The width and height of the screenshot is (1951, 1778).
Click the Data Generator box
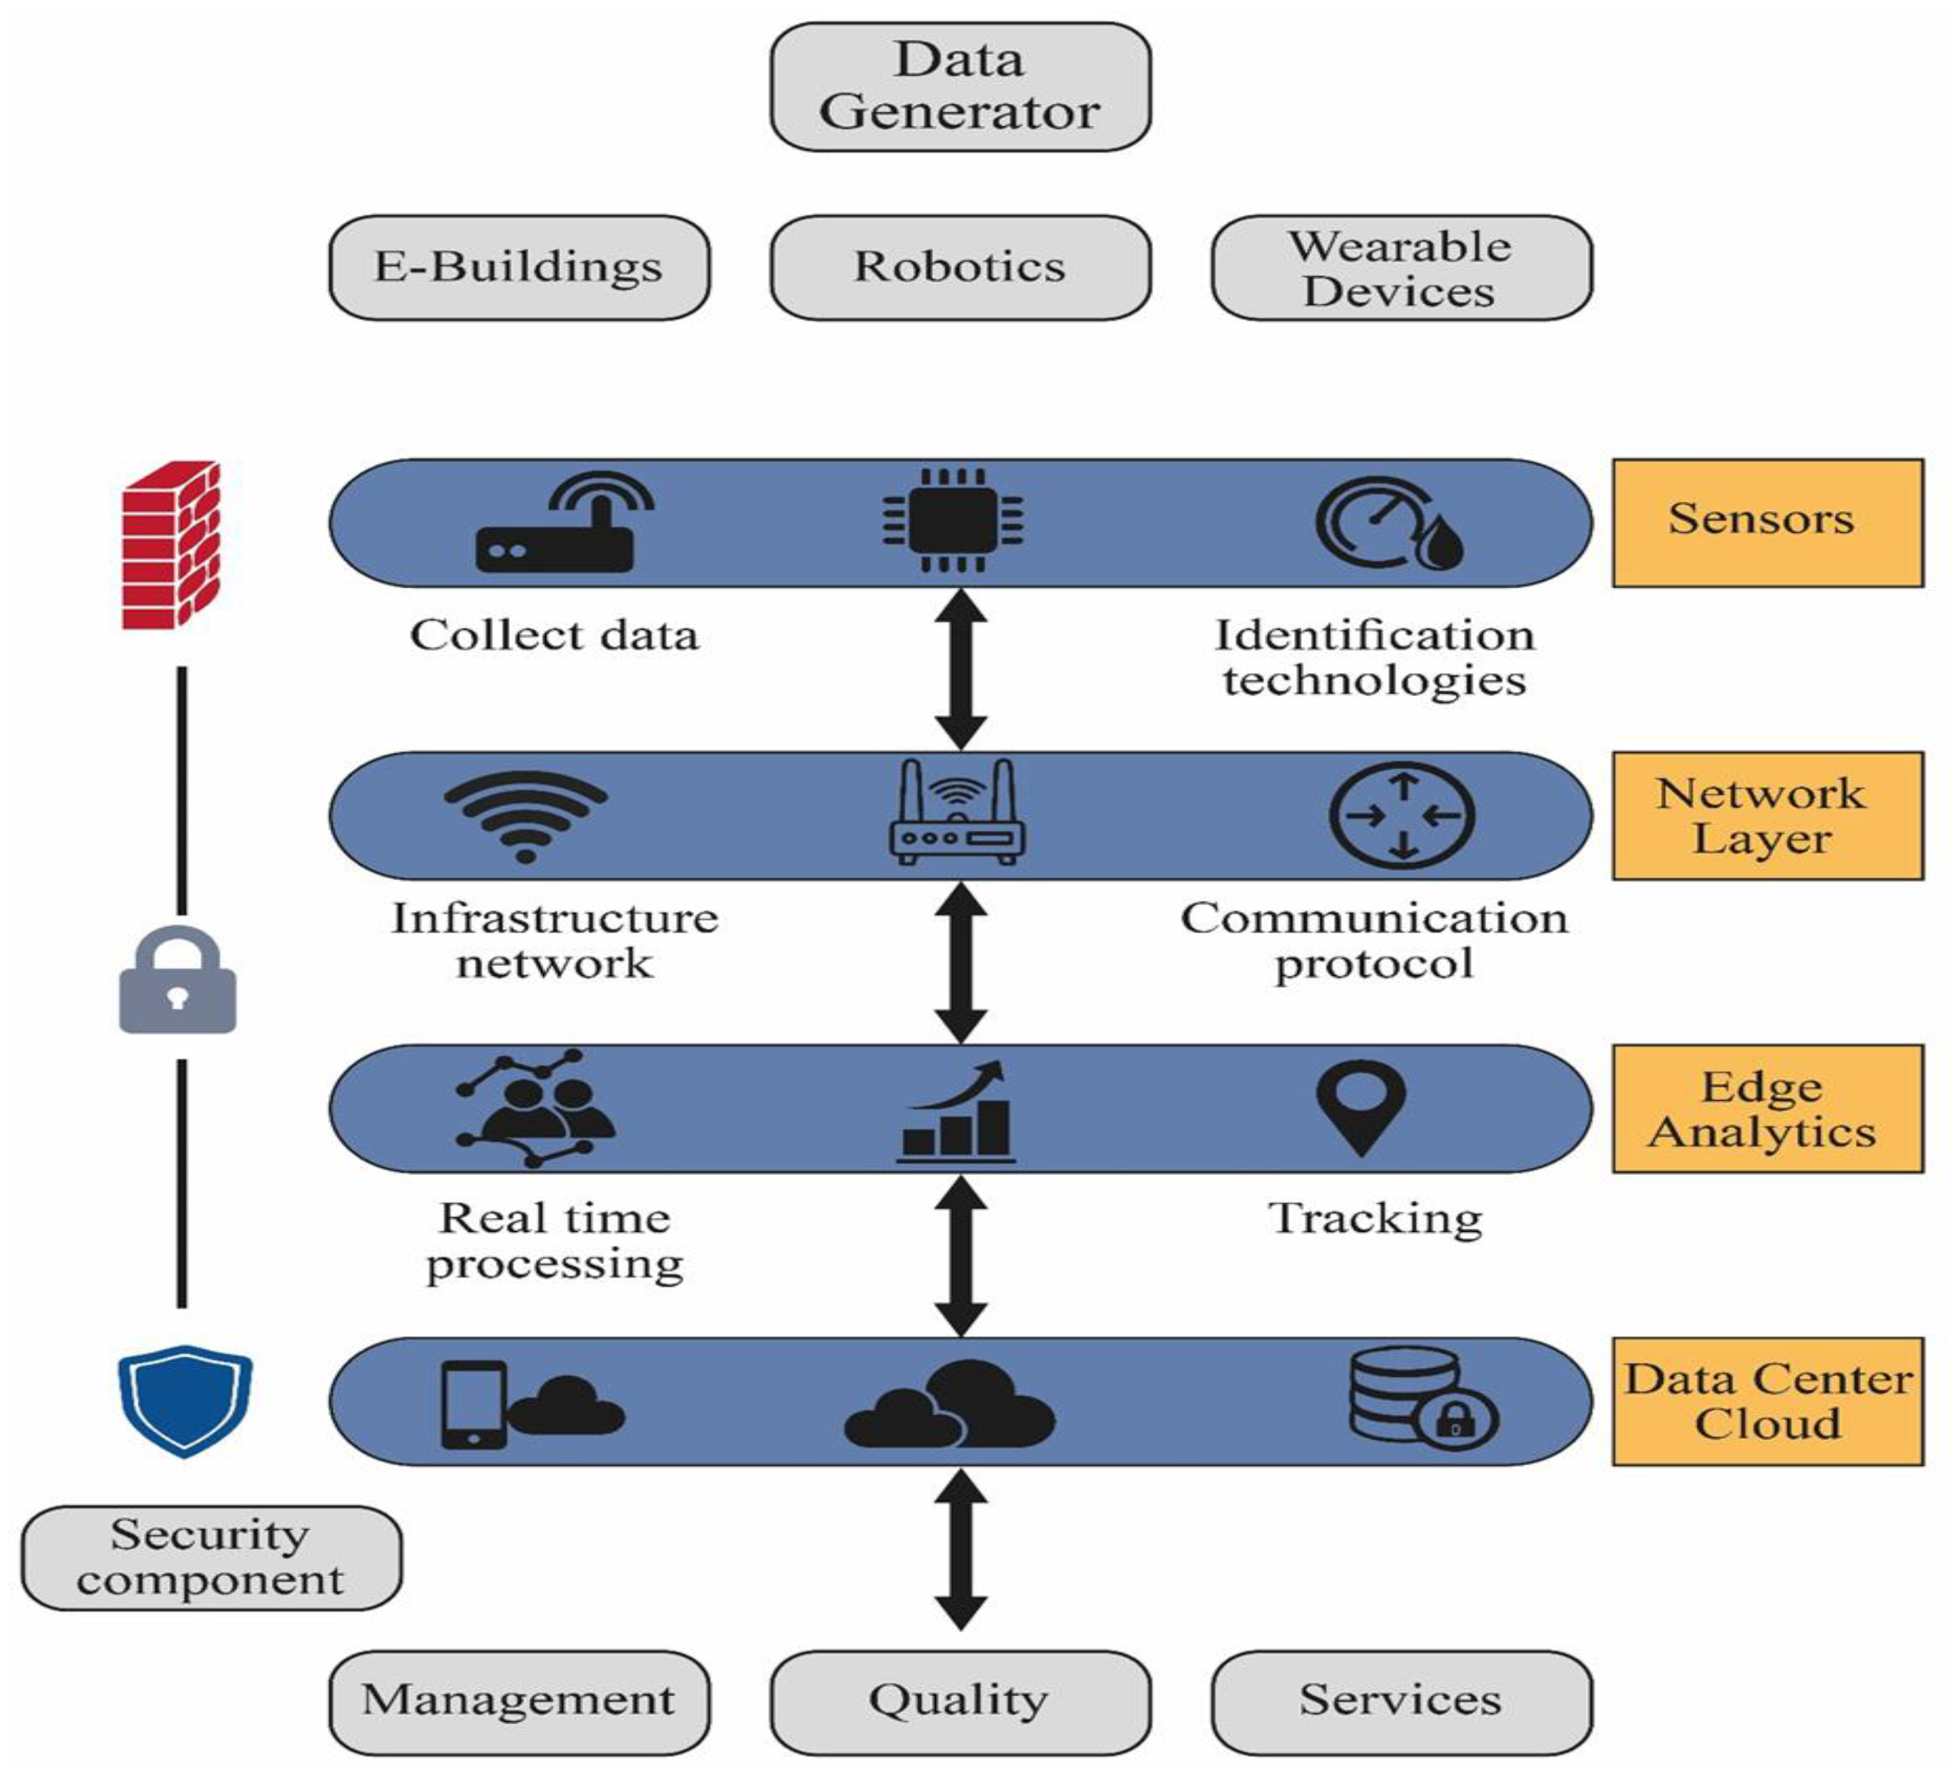tap(960, 87)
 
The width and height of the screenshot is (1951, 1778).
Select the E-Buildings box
tap(519, 267)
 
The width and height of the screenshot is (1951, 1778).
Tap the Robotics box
tap(960, 267)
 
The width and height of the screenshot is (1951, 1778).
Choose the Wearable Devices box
tap(1401, 267)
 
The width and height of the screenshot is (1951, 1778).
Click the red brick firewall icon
tap(171, 545)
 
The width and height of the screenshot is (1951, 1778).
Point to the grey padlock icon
tap(177, 980)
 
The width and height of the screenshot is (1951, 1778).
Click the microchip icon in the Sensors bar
tap(953, 521)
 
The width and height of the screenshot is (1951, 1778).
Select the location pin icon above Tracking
tap(1361, 1106)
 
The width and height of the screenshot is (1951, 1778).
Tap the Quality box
tap(960, 1702)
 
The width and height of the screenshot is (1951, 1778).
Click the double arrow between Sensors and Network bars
tap(960, 669)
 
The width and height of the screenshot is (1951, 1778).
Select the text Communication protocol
tap(1374, 939)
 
